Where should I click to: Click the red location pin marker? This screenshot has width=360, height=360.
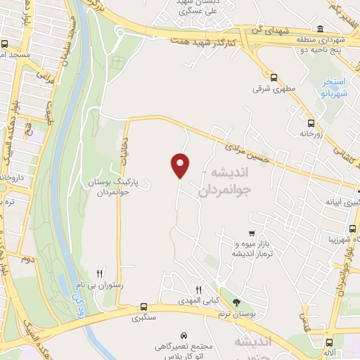point(181,165)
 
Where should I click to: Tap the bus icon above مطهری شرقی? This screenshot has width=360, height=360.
point(274,78)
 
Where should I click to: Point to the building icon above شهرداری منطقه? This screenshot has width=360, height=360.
point(321,29)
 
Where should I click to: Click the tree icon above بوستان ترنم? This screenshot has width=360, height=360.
point(236,302)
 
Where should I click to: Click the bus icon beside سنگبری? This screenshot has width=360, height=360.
point(143,307)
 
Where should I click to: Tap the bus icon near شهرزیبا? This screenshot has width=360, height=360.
point(352,228)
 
